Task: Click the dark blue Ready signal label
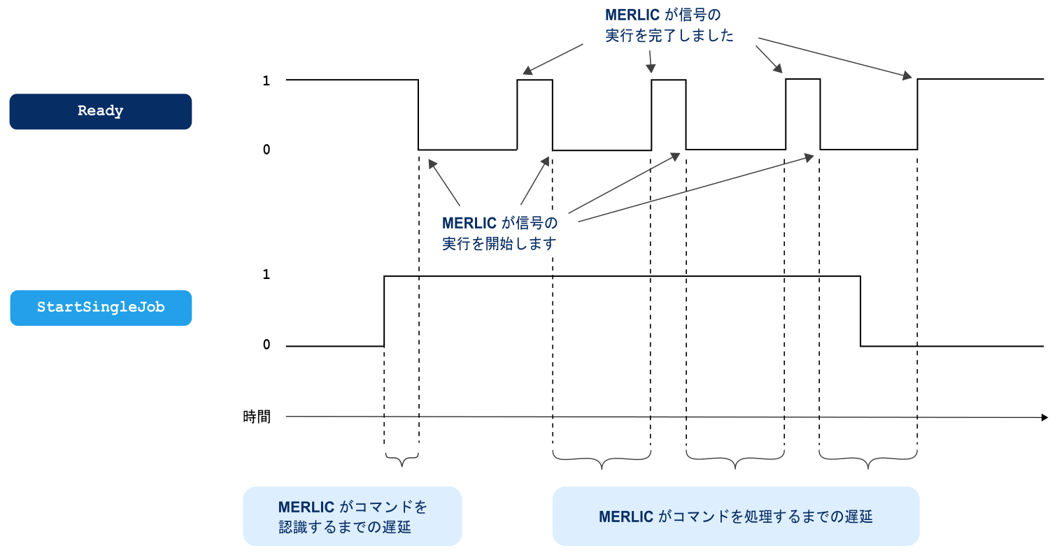click(x=100, y=111)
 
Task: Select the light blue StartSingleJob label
click(x=100, y=308)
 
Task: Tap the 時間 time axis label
click(x=256, y=417)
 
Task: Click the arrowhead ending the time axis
click(x=1044, y=417)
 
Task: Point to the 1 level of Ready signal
click(x=266, y=81)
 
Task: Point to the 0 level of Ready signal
click(x=266, y=150)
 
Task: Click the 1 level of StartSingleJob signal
click(x=266, y=275)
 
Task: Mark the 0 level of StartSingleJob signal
click(x=266, y=345)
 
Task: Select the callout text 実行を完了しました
click(x=669, y=36)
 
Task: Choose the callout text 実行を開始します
click(x=499, y=244)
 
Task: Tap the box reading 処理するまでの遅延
click(x=735, y=517)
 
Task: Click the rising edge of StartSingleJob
click(x=385, y=311)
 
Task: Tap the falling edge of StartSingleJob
click(x=860, y=311)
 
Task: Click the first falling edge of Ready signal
click(x=418, y=115)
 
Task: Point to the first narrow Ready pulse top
click(x=534, y=80)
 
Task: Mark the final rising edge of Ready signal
click(x=917, y=115)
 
